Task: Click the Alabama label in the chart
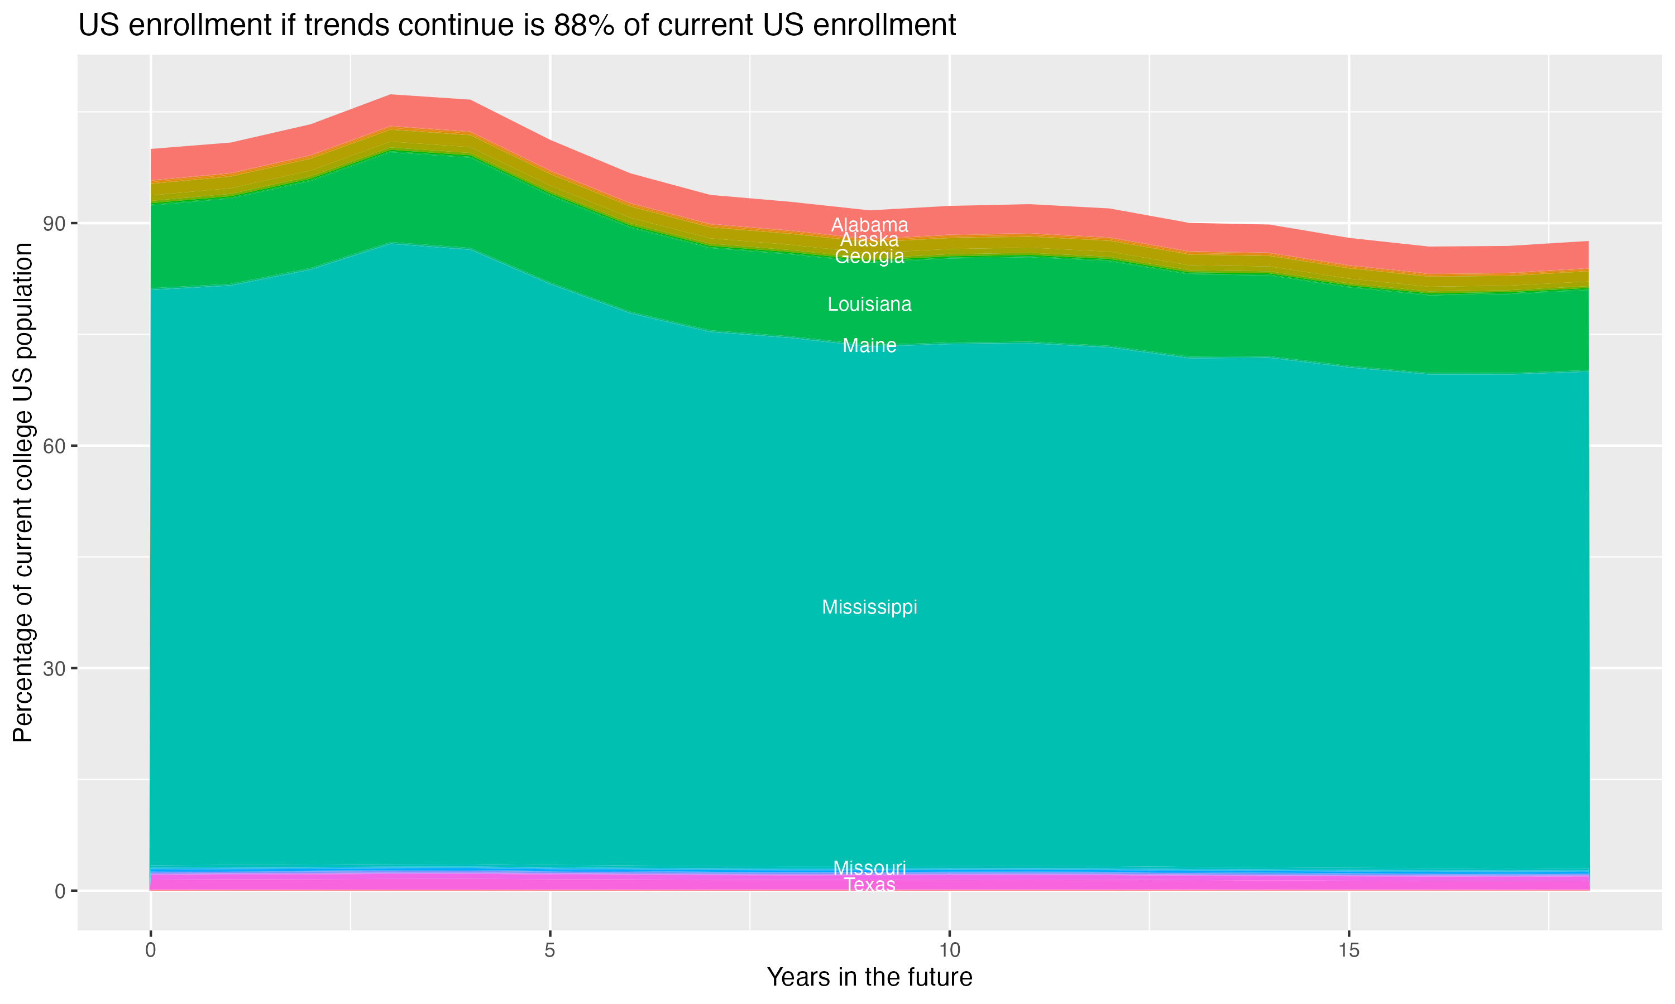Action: point(869,225)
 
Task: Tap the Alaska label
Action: point(869,240)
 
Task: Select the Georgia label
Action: point(869,257)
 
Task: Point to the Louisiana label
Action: point(869,305)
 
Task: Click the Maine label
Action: point(869,346)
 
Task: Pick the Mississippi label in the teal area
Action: point(869,607)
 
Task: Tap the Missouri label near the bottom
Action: point(869,867)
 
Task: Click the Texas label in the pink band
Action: point(869,885)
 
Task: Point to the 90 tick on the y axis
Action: point(54,223)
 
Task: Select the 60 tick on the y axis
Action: point(54,446)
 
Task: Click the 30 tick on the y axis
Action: point(54,668)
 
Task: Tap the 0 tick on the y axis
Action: point(60,891)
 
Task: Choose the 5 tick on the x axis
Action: point(550,950)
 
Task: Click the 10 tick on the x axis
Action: point(949,950)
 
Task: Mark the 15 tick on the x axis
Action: point(1349,950)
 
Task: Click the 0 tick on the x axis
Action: point(150,950)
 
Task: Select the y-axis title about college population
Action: point(23,493)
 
